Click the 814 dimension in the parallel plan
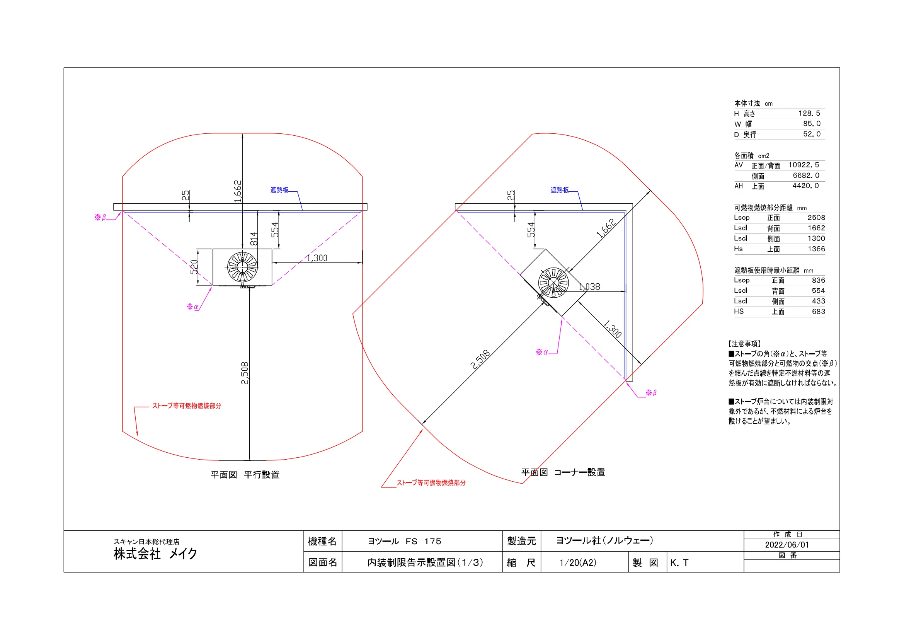[x=254, y=239]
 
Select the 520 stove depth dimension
[x=194, y=267]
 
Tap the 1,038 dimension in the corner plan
[x=589, y=286]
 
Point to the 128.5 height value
[x=809, y=113]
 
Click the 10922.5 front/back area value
[x=803, y=165]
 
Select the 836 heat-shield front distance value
[x=818, y=280]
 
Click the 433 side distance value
[x=818, y=301]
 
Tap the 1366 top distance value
[x=816, y=249]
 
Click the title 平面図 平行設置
[x=245, y=475]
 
